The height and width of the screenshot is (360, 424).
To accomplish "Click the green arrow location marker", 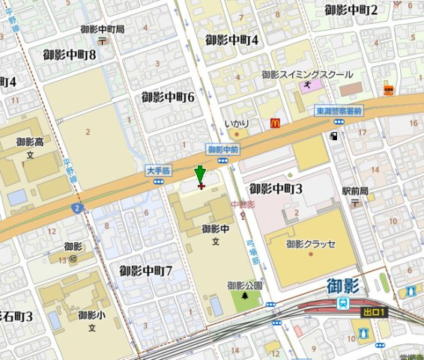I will tap(199, 175).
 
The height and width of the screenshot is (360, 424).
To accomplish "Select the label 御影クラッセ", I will tap(311, 244).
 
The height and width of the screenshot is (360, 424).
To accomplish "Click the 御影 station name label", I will tap(344, 286).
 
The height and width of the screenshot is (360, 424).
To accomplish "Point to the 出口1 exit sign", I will tap(372, 312).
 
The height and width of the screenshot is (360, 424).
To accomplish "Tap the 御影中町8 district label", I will tap(70, 55).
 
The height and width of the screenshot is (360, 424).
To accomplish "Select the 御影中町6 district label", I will tap(168, 97).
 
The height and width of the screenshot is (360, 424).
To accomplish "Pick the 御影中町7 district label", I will tap(146, 270).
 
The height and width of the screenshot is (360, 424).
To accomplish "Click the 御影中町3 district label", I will tap(276, 188).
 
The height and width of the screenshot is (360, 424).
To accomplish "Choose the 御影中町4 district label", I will tap(231, 40).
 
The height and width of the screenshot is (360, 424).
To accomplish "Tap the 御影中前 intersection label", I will tap(222, 149).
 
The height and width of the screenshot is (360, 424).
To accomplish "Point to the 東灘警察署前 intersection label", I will tap(339, 110).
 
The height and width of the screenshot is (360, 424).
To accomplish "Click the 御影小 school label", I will tap(88, 316).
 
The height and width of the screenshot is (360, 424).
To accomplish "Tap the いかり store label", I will tap(236, 123).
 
